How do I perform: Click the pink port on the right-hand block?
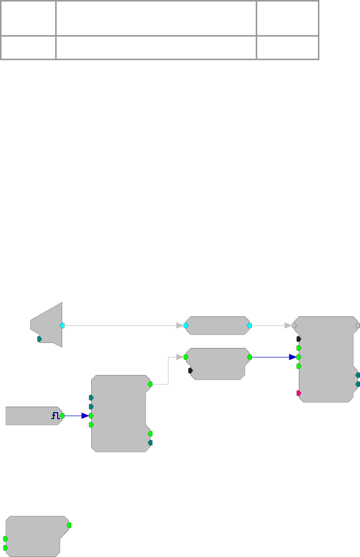coord(299,393)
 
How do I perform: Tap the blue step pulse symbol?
coord(55,415)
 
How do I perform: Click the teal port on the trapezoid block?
coord(40,339)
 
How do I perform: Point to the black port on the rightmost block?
coord(299,339)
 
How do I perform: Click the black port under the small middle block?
coord(191,370)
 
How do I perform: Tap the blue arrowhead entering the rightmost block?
coord(292,357)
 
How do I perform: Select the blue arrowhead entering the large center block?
coord(85,416)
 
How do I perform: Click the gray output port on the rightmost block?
coord(357,325)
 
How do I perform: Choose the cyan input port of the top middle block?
coord(186,325)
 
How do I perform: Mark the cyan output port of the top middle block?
coord(250,325)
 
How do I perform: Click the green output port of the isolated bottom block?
coord(69,525)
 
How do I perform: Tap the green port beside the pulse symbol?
coord(62,416)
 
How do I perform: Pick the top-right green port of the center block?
coord(150,384)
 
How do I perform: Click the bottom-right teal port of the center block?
coord(150,443)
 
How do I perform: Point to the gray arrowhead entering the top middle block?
coord(179,325)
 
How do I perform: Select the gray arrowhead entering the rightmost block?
coord(288,325)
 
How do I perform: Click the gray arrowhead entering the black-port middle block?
coord(179,357)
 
